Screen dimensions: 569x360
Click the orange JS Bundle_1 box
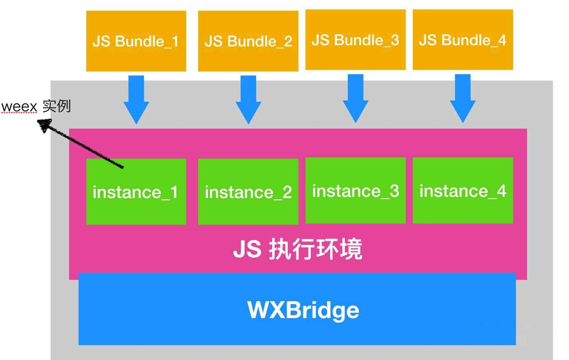(136, 41)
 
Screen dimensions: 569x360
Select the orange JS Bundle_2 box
(248, 41)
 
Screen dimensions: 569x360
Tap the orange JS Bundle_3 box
(355, 39)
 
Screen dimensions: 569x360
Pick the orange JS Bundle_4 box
(463, 39)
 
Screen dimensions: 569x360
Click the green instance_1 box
(136, 192)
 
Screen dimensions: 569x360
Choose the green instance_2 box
(248, 192)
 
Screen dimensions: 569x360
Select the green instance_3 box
(355, 190)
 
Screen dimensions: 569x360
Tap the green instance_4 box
(463, 190)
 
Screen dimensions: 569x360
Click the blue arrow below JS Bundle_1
(136, 100)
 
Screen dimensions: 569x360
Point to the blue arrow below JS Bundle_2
(248, 100)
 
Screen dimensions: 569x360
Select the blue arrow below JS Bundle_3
(355, 99)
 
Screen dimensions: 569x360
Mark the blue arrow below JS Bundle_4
(463, 99)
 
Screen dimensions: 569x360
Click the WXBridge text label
(303, 310)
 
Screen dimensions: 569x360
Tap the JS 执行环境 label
(298, 249)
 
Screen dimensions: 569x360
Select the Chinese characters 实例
(56, 106)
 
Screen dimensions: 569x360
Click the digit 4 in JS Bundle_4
(502, 40)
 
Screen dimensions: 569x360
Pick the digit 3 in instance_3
(394, 191)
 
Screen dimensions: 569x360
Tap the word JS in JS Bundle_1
(102, 41)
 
